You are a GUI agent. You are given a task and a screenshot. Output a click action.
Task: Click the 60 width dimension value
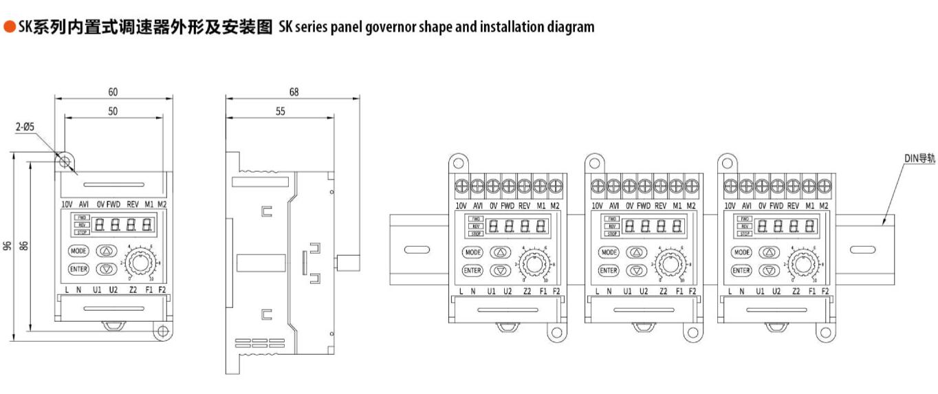113,92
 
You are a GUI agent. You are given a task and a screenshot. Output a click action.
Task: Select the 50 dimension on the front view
113,111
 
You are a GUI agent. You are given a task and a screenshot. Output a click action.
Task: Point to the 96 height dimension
8,245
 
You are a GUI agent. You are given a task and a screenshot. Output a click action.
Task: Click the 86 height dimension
23,245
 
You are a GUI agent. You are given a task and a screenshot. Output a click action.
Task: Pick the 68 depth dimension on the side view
294,92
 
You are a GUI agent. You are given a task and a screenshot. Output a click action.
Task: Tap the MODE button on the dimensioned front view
78,251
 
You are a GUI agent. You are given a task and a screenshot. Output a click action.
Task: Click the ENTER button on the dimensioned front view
78,269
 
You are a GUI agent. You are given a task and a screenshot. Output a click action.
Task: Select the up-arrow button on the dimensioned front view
105,251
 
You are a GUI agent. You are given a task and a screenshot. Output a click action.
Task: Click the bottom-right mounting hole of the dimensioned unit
162,332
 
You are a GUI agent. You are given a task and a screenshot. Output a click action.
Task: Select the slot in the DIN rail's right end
859,249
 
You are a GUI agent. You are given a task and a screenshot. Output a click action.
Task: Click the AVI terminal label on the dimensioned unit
84,204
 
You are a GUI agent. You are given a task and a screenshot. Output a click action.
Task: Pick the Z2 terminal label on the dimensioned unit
133,289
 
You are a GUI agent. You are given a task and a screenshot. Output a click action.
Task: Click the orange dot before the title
9,27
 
